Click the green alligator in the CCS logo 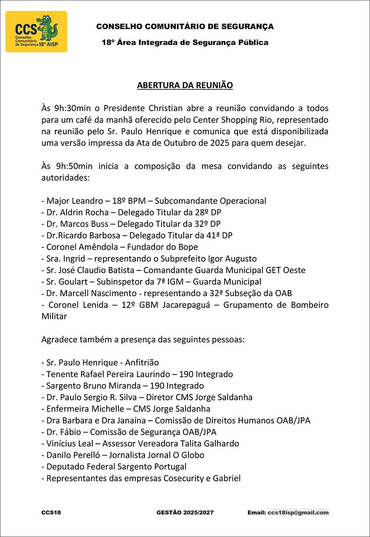click(48, 28)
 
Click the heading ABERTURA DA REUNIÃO click(185, 85)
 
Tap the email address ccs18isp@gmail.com click(298, 513)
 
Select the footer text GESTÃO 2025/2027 click(185, 513)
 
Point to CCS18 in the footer click(51, 513)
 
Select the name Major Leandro click(71, 201)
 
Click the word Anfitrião click(141, 362)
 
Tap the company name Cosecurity click(187, 478)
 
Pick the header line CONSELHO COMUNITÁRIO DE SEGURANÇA click(185, 27)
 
